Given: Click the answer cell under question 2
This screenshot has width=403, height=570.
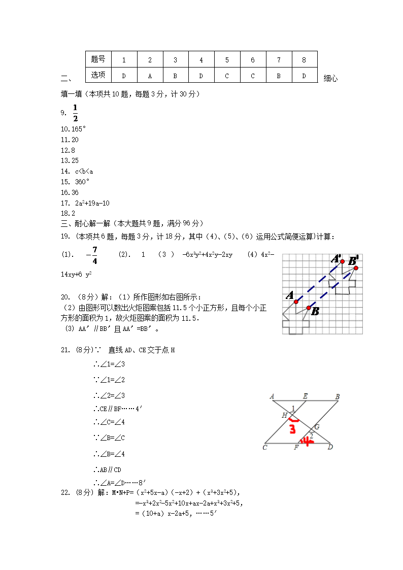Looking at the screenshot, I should pos(150,75).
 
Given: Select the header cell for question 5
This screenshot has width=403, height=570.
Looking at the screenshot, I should pos(227,59).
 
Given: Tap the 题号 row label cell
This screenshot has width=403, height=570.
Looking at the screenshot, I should pos(98,59).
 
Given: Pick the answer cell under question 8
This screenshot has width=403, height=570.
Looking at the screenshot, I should pos(304,75).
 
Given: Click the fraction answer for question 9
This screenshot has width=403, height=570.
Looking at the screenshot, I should pos(75,113).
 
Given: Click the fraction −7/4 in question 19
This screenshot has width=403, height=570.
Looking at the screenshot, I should pos(92,255).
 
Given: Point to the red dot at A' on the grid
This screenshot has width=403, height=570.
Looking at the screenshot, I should pos(343,261).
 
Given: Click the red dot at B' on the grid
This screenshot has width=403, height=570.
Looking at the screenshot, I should pos(356,268).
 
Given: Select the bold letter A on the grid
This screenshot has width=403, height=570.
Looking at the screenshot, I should pos(290,295).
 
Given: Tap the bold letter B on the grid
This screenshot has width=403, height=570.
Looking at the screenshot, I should pos(315,311).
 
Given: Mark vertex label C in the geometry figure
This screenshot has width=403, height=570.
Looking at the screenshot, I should pos(265,448).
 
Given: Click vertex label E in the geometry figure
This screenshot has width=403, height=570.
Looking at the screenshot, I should pos(305,396).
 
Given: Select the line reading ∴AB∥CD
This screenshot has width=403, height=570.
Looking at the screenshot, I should pos(107,470).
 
